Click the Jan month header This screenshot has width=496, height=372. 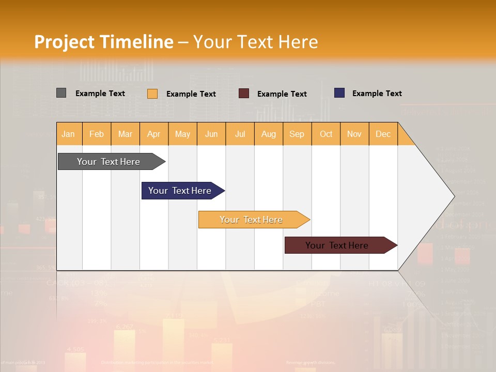[69, 134]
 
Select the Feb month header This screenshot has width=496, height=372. [97, 134]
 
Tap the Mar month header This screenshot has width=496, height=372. [125, 134]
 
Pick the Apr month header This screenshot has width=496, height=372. [154, 134]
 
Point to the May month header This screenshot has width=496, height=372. [182, 134]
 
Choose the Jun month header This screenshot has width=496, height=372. [211, 134]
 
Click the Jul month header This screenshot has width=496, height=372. [240, 134]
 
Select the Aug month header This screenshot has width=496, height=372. [269, 134]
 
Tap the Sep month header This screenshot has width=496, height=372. [297, 134]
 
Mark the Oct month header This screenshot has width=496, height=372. [326, 134]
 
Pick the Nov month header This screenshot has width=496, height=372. [354, 134]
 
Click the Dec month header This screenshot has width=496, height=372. [383, 134]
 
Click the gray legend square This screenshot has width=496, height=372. [61, 93]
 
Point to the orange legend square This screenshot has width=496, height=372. [152, 94]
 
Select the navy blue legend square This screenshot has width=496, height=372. [339, 93]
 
